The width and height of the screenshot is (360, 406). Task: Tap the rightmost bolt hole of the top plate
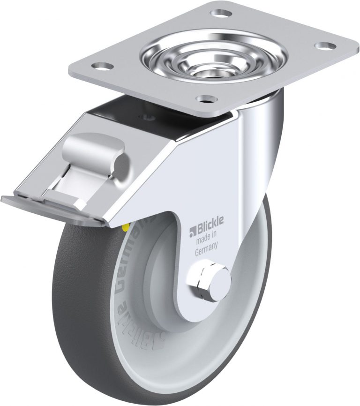[325, 46]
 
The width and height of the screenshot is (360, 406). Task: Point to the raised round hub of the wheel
[162, 281]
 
